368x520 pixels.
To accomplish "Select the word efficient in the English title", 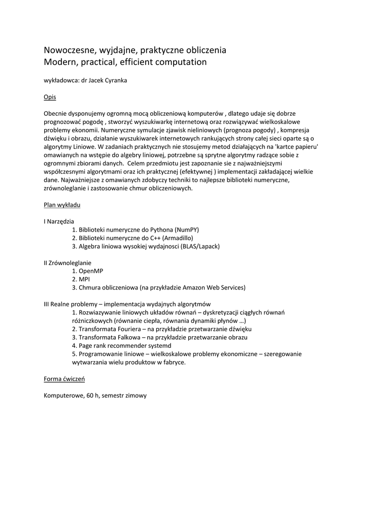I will pos(146,62).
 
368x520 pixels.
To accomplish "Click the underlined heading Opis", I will pos(50,96).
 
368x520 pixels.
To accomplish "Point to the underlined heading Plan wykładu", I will pos(62,205).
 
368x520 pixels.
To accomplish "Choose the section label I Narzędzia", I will pos(59,221).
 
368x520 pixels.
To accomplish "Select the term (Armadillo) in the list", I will pos(178,238).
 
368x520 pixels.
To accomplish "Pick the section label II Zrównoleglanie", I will pos(68,263).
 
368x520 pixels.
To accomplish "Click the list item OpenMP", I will pos(91,271).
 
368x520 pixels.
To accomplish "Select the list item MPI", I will pos(84,279).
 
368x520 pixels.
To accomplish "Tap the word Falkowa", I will pos(125,337).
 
